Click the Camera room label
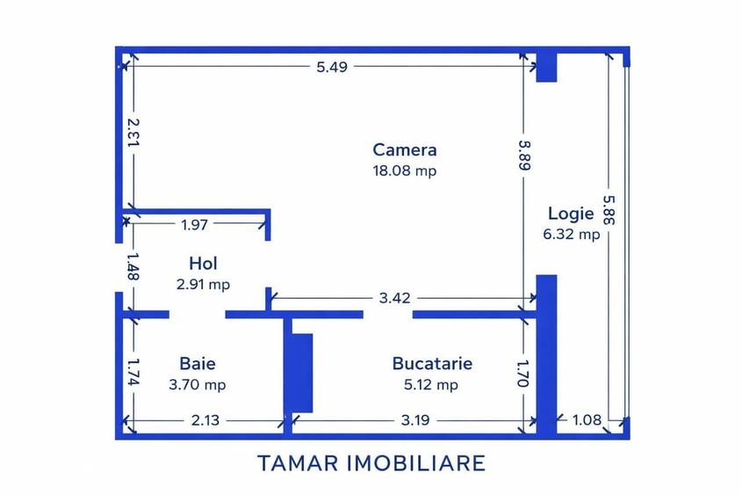point(405,149)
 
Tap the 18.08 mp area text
point(405,171)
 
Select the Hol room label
point(203,264)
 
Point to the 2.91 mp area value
point(203,284)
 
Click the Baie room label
point(198,363)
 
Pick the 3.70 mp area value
point(198,384)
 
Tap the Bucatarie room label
point(432,363)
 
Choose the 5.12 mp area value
point(431,384)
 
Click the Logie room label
point(571,213)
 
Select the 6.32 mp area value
point(571,234)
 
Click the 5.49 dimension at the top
point(332,67)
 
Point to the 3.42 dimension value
point(394,298)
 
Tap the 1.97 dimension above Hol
point(194,224)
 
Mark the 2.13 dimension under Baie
point(205,420)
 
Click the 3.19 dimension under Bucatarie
point(415,420)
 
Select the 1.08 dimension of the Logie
point(587,419)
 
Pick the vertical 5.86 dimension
point(609,210)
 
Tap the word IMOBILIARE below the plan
point(417,462)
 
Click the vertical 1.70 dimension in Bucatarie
point(522,374)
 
